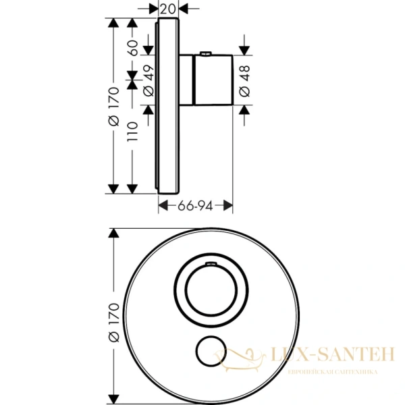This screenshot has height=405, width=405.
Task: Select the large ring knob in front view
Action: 207,286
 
